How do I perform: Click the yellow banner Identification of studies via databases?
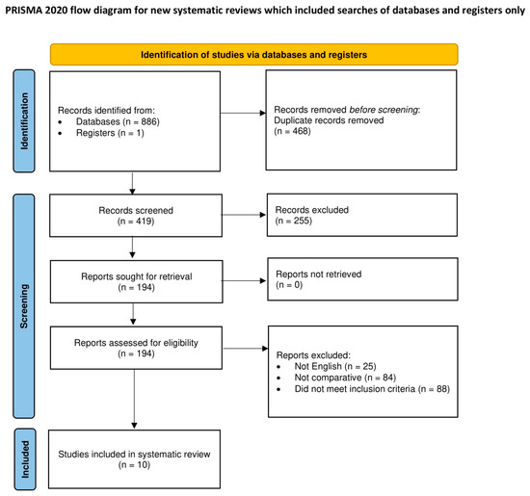(255, 54)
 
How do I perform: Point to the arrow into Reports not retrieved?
(249, 281)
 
